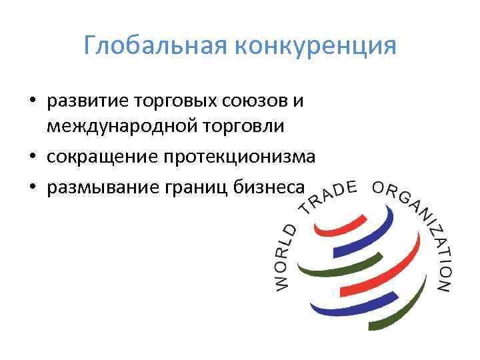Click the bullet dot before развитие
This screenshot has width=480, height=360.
pos(32,103)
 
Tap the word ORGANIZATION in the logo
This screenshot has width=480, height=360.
pos(424,227)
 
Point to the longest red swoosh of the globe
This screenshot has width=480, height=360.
pos(373,267)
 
